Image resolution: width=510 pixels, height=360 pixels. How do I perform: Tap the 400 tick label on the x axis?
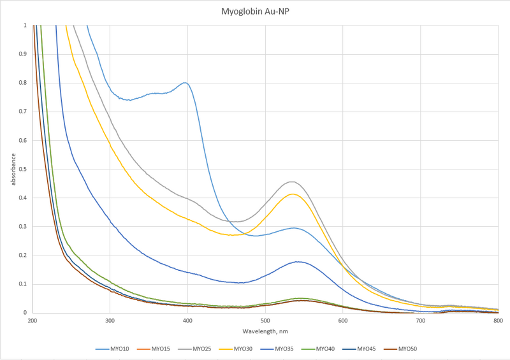[187, 320]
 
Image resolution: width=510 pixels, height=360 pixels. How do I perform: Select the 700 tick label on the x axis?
[420, 320]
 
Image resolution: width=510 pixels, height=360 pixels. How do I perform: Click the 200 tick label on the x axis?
[33, 320]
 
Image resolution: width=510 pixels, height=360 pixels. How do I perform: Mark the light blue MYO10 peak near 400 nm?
[186, 83]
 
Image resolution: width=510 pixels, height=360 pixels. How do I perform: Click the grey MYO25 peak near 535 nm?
[292, 182]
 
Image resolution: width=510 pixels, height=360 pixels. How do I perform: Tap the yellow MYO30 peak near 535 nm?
[293, 194]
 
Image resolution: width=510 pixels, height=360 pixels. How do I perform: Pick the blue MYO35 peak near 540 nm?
[297, 262]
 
